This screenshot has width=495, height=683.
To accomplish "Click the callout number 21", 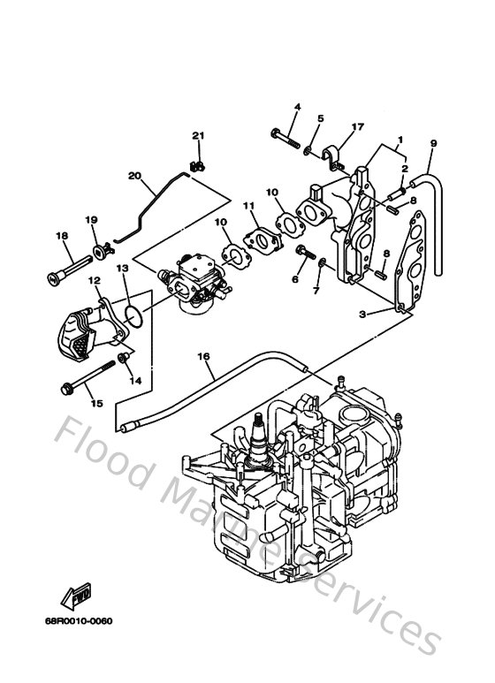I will pos(198,135).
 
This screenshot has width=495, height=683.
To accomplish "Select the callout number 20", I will pos(134,176).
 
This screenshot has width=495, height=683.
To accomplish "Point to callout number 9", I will pos(433,143).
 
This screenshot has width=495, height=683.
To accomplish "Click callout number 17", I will pos(357,126).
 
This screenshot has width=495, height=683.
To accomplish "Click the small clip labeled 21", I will pos(199,163).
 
